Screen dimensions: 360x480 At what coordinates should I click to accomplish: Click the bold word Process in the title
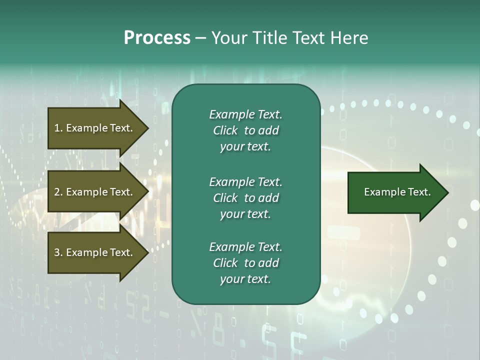pyautogui.click(x=157, y=38)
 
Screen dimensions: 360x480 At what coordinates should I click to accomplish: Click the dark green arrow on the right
pyautogui.click(x=395, y=192)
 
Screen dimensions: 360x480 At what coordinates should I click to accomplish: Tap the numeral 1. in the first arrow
pyautogui.click(x=58, y=128)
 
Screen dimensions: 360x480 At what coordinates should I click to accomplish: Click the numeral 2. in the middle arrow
pyautogui.click(x=58, y=192)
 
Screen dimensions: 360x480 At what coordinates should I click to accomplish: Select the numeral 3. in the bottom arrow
pyautogui.click(x=58, y=252)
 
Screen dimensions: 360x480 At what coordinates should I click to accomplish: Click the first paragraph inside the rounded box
pyautogui.click(x=245, y=130)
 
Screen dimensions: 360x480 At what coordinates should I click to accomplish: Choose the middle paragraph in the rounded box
pyautogui.click(x=245, y=197)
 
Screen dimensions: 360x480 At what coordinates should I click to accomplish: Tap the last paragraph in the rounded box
pyautogui.click(x=245, y=263)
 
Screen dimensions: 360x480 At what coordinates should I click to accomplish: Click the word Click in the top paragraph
pyautogui.click(x=225, y=130)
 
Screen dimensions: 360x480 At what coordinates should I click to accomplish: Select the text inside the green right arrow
pyautogui.click(x=397, y=192)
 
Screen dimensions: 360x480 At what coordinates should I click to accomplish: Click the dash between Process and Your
pyautogui.click(x=200, y=38)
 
